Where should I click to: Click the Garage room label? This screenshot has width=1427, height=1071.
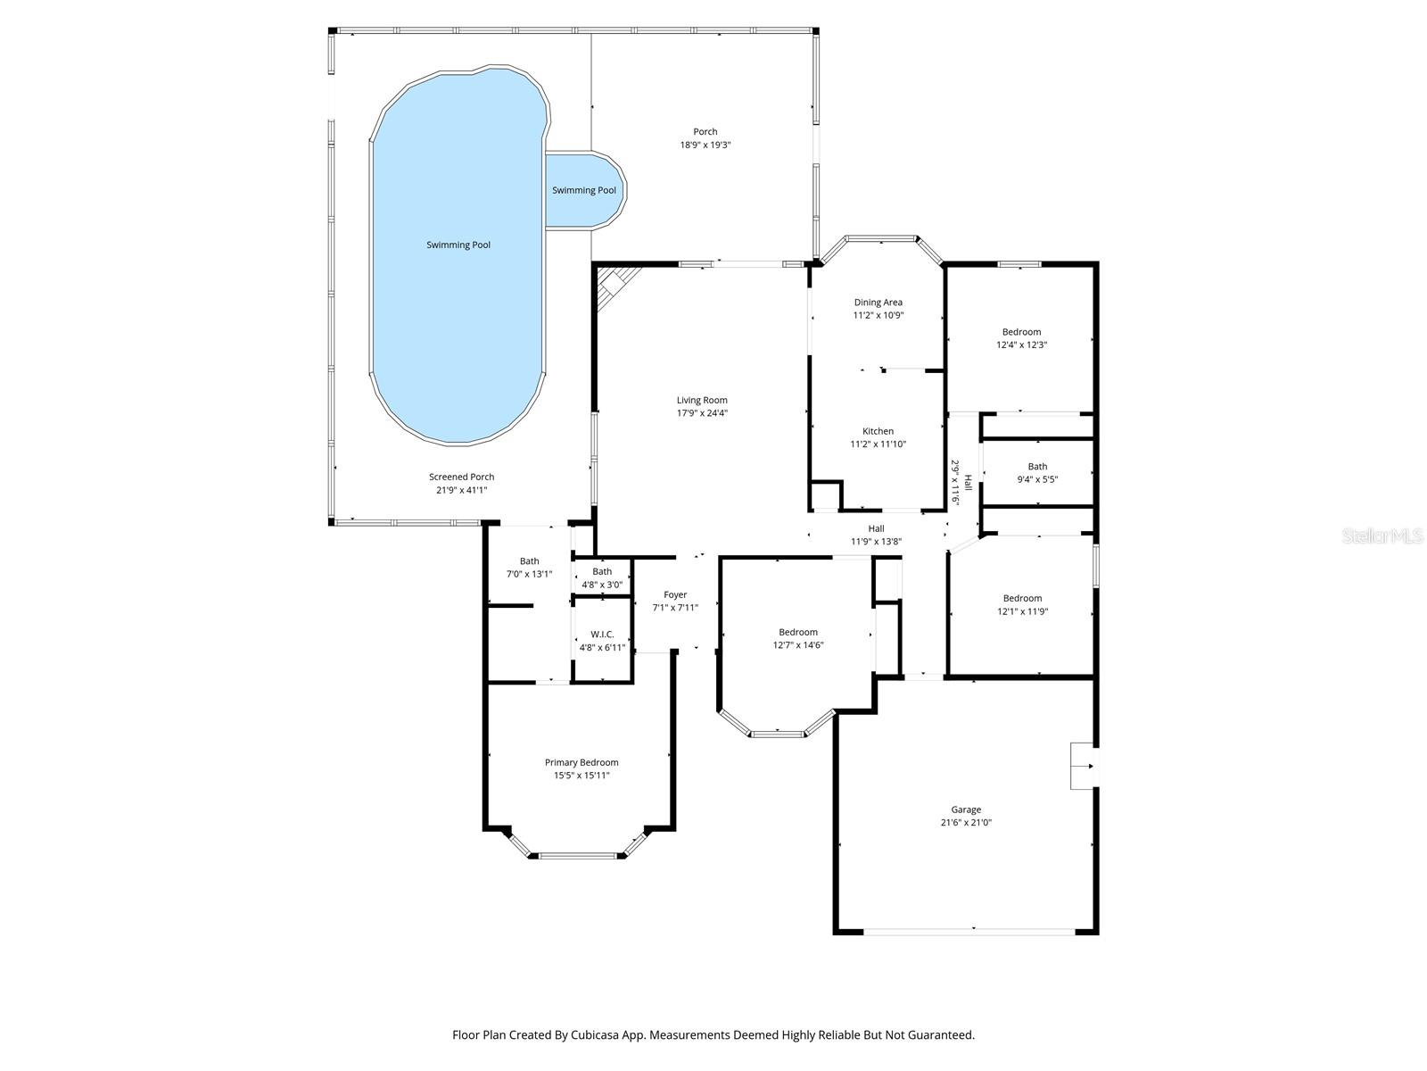point(965,809)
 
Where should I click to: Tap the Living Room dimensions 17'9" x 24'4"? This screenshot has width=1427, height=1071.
point(702,413)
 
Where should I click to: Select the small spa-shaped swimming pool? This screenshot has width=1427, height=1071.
point(584,190)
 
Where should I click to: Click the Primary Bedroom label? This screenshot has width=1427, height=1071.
point(582,762)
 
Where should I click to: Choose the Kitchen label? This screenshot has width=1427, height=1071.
point(878,431)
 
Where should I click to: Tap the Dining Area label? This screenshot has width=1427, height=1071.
point(878,303)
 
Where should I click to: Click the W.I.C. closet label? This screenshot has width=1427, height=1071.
point(602,634)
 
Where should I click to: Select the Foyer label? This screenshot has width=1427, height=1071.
point(675,594)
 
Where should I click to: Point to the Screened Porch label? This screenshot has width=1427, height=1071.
point(461,477)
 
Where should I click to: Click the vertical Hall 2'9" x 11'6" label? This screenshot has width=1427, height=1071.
point(961,482)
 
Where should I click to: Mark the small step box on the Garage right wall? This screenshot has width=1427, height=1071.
point(1083,765)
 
